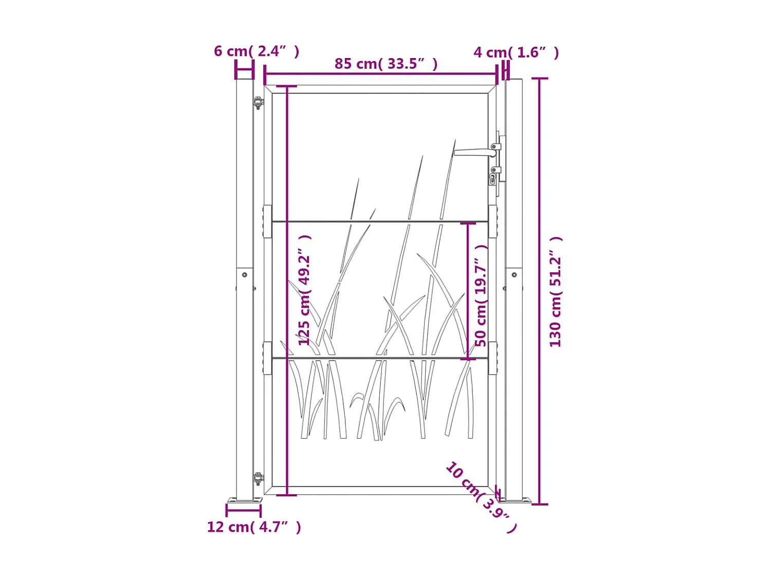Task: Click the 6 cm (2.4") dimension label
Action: (256, 51)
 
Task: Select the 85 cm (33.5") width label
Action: (385, 64)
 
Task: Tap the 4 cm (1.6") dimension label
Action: (516, 52)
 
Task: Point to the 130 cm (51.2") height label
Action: (555, 291)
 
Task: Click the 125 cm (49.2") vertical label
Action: (304, 290)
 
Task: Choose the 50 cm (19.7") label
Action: (481, 295)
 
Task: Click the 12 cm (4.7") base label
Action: (253, 527)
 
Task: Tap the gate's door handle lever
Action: (474, 152)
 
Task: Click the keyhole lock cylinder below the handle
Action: (492, 178)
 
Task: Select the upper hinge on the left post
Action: (259, 102)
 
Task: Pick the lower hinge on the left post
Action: (259, 479)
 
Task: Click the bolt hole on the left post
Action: (245, 275)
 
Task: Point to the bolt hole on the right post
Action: (514, 275)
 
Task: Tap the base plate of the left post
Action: (245, 500)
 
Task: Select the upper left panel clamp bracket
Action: (267, 221)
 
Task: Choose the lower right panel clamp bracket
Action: (492, 358)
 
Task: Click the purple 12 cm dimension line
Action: (244, 510)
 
